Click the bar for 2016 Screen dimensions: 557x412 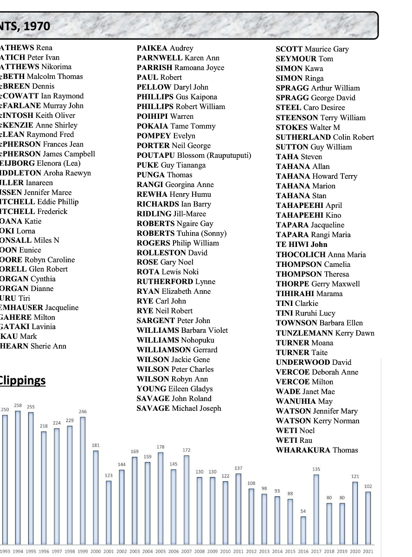[303, 530]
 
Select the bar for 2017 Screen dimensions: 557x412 [316, 509]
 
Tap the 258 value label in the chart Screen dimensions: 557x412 [18, 405]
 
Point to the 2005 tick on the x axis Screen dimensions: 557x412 [161, 551]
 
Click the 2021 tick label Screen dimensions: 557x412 [368, 551]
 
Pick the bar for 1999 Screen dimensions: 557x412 [83, 480]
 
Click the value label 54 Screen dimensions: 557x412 [303, 511]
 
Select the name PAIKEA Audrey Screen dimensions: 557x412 [165, 48]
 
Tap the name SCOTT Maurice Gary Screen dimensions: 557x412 [312, 49]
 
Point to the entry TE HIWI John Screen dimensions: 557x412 [301, 245]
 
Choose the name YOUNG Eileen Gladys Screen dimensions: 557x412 [174, 389]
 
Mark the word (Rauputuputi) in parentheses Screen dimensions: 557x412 [229, 155]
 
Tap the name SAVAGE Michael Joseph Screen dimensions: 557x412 [179, 408]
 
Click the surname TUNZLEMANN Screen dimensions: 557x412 [304, 333]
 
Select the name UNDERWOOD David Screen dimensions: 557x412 [313, 362]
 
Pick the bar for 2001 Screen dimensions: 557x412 [109, 512]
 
